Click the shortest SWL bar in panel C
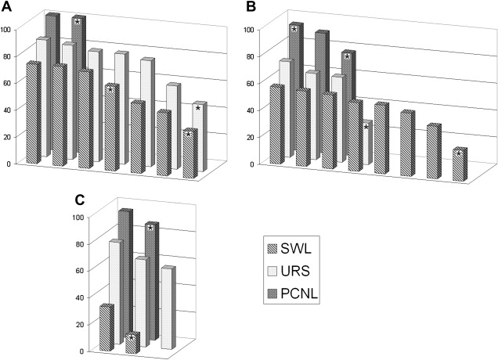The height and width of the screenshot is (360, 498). click(x=132, y=344)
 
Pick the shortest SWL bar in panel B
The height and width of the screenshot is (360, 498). click(x=460, y=165)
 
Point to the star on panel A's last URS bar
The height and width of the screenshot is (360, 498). click(x=198, y=109)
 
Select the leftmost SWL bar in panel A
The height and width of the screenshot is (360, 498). click(x=33, y=112)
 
